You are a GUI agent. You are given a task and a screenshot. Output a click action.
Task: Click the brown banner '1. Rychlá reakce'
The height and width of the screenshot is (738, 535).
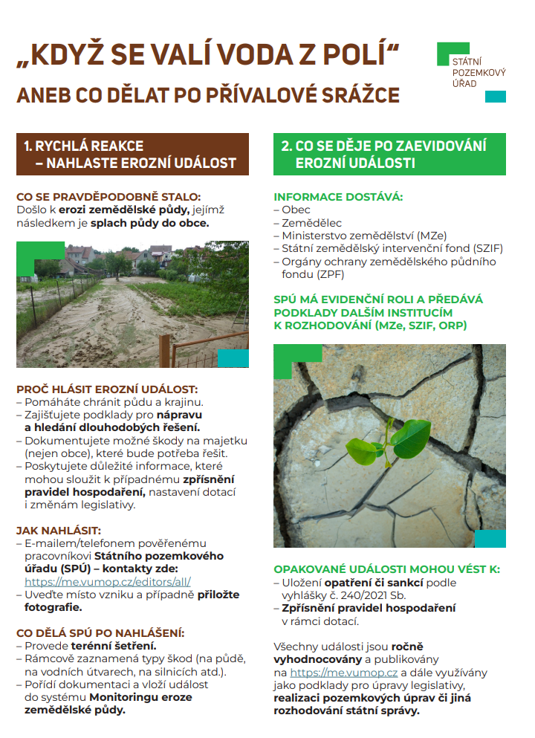pos(132,154)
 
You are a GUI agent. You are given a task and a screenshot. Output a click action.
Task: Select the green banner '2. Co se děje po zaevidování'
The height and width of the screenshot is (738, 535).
pos(389,154)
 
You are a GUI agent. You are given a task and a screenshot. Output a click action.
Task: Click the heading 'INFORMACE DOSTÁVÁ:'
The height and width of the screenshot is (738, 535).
pos(338,197)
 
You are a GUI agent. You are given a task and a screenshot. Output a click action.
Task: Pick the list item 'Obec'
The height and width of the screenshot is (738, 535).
pos(295,210)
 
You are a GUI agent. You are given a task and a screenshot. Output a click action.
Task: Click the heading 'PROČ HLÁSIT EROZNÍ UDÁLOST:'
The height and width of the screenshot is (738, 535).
pos(107,389)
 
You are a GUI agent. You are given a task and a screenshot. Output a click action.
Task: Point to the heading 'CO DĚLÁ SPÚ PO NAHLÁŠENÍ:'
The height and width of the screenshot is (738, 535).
pos(100,633)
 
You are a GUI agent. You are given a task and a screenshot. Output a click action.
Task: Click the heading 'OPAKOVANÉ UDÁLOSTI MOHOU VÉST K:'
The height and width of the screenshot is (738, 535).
pos(386,569)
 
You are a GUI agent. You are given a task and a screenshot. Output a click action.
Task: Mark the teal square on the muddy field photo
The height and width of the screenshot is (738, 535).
pos(233,358)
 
